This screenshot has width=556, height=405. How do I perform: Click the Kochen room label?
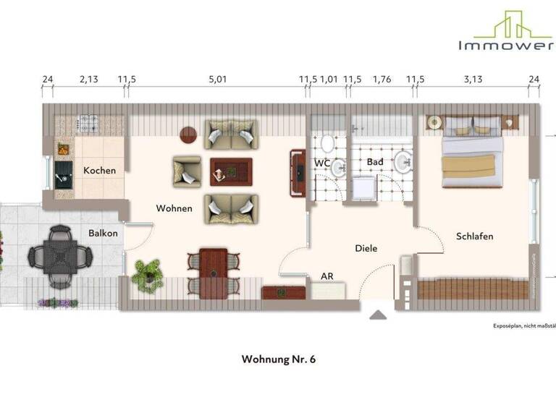(x=100, y=171)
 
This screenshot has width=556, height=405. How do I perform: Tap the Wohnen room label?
(x=174, y=208)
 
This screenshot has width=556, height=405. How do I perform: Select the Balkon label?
(x=104, y=234)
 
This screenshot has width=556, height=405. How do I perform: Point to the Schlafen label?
(x=475, y=236)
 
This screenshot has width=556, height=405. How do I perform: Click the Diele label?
(x=366, y=248)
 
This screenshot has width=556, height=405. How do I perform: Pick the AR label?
(x=327, y=276)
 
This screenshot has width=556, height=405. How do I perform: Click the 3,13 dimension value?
(x=473, y=80)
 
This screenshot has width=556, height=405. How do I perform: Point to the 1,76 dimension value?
(x=382, y=80)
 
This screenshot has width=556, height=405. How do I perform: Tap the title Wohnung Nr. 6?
(x=279, y=359)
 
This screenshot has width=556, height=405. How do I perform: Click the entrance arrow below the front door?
(x=378, y=315)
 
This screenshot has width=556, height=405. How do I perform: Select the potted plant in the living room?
(x=148, y=275)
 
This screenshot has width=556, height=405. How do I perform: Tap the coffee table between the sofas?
(x=231, y=171)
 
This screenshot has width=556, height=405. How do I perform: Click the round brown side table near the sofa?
(x=189, y=135)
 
